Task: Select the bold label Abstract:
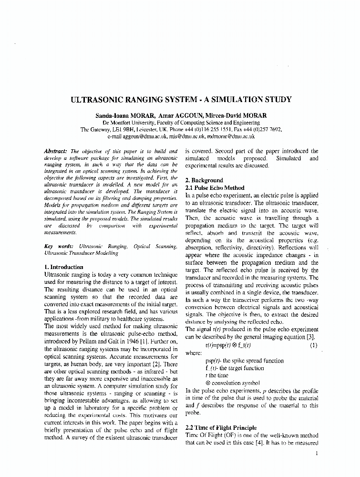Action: pos(56,151)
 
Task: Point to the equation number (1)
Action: pos(313,345)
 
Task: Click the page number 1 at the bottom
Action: pos(317,453)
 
